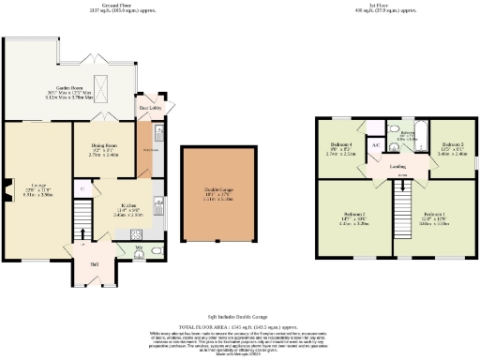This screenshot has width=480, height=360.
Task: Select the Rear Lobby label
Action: tap(147, 108)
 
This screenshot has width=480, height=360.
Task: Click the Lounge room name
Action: tap(33, 186)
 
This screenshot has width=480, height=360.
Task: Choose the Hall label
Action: tap(95, 264)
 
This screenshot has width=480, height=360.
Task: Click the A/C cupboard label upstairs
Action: tap(376, 145)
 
